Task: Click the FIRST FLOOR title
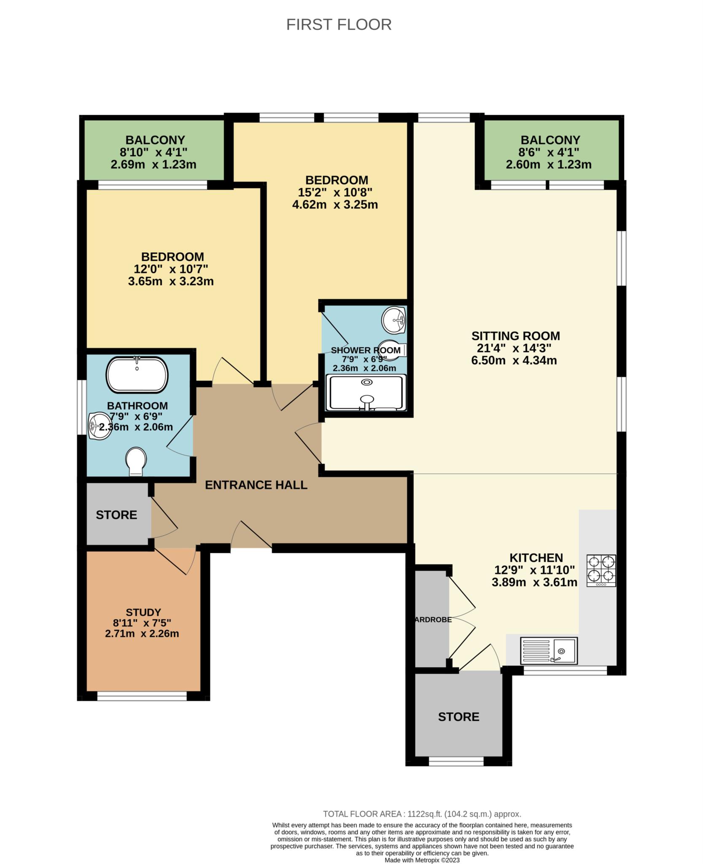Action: (x=339, y=24)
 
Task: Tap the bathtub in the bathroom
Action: (x=137, y=375)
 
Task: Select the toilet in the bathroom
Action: (x=136, y=462)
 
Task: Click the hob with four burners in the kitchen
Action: (x=601, y=570)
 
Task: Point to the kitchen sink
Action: (x=549, y=650)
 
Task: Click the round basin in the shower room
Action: (x=394, y=320)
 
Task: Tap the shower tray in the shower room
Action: (x=366, y=393)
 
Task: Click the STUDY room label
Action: (x=143, y=612)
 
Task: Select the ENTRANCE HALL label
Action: (x=256, y=485)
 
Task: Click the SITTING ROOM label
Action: (x=516, y=336)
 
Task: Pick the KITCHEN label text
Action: (x=536, y=558)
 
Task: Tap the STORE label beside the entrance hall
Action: (x=116, y=515)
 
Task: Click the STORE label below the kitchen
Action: (x=459, y=717)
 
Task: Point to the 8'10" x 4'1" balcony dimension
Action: (x=154, y=152)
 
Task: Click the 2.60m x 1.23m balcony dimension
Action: (x=549, y=165)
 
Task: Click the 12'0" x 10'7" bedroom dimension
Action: (x=171, y=269)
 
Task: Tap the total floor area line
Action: (x=422, y=814)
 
